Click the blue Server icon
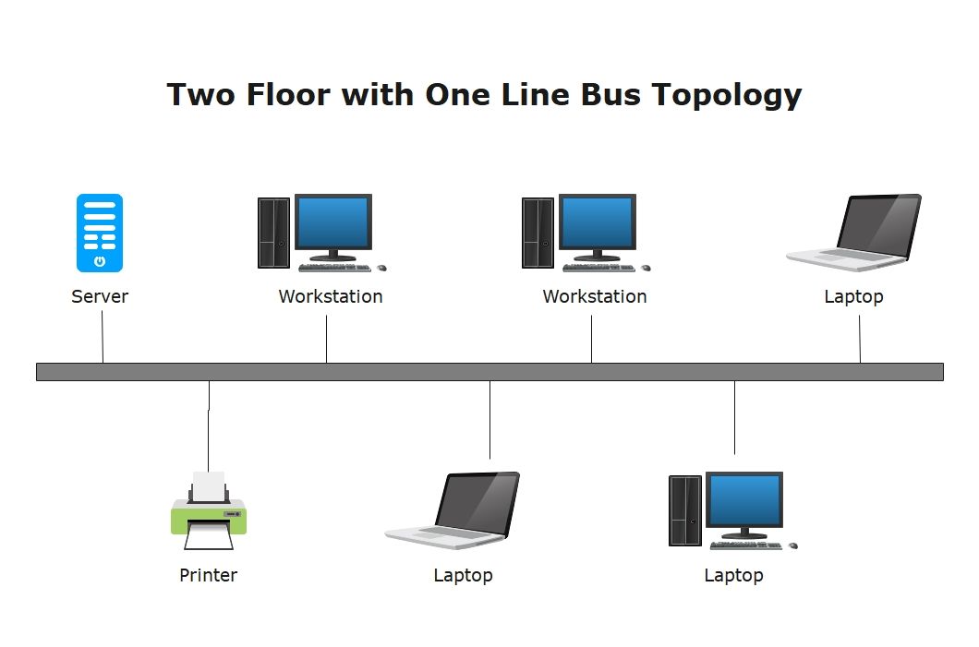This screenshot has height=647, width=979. click(99, 233)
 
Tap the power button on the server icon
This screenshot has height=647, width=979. click(100, 261)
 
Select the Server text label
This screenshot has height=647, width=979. click(99, 296)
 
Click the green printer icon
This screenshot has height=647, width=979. click(209, 511)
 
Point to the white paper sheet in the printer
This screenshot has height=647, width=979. click(209, 486)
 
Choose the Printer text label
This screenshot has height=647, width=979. click(208, 575)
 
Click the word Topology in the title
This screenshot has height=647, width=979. click(727, 96)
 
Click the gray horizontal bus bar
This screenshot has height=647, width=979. click(489, 372)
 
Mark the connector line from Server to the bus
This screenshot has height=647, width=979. click(103, 337)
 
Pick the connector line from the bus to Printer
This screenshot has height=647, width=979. click(209, 426)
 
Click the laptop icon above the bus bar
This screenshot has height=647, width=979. click(853, 232)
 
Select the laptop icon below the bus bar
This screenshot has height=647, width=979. click(452, 510)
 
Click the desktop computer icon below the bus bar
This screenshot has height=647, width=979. click(733, 510)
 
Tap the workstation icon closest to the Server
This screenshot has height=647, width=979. click(322, 232)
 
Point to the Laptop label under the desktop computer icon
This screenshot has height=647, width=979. click(733, 575)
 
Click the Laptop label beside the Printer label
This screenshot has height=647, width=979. click(464, 575)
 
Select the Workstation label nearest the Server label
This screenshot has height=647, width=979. click(331, 296)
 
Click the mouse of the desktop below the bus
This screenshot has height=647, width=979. click(793, 545)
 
